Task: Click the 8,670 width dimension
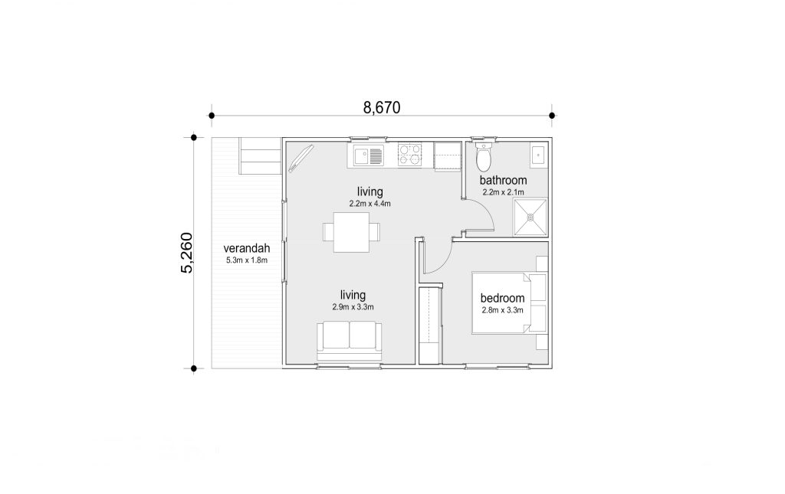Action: pyautogui.click(x=382, y=107)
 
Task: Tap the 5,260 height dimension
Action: pyautogui.click(x=187, y=253)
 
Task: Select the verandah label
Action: pyautogui.click(x=247, y=248)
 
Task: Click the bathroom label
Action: pyautogui.click(x=503, y=180)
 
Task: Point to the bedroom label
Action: pyautogui.click(x=503, y=298)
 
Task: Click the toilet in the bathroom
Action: pyautogui.click(x=484, y=156)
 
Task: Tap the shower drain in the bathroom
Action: pyautogui.click(x=530, y=217)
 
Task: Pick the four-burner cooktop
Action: pyautogui.click(x=410, y=155)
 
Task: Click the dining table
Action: pyautogui.click(x=351, y=232)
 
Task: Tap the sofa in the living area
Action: pyautogui.click(x=349, y=340)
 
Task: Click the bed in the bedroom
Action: pyautogui.click(x=510, y=303)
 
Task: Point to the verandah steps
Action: pyautogui.click(x=259, y=155)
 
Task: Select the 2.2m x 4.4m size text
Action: pyautogui.click(x=370, y=204)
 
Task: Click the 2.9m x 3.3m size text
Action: pyautogui.click(x=353, y=307)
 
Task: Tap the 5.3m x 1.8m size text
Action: pyautogui.click(x=247, y=260)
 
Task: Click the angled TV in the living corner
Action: pyautogui.click(x=301, y=158)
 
